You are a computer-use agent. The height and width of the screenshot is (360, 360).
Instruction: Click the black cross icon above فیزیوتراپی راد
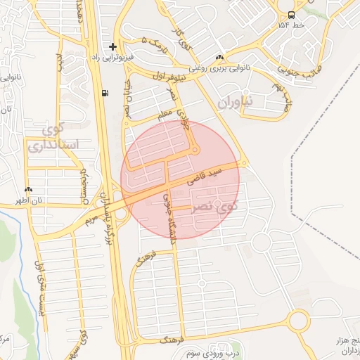[x=112, y=46]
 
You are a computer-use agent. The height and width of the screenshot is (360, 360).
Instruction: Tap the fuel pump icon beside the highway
[x=105, y=93]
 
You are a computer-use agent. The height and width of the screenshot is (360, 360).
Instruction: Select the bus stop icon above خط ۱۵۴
[x=290, y=14]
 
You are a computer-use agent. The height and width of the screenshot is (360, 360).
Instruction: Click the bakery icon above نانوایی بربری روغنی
[x=220, y=58]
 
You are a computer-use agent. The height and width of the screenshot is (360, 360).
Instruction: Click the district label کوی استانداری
[x=53, y=137]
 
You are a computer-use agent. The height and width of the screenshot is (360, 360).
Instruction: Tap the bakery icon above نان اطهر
[x=28, y=190]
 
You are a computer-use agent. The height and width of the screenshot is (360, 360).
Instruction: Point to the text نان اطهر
[x=30, y=200]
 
